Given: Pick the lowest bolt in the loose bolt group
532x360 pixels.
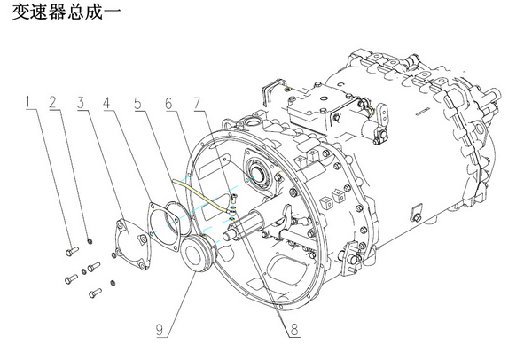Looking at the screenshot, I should tap(91, 291).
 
